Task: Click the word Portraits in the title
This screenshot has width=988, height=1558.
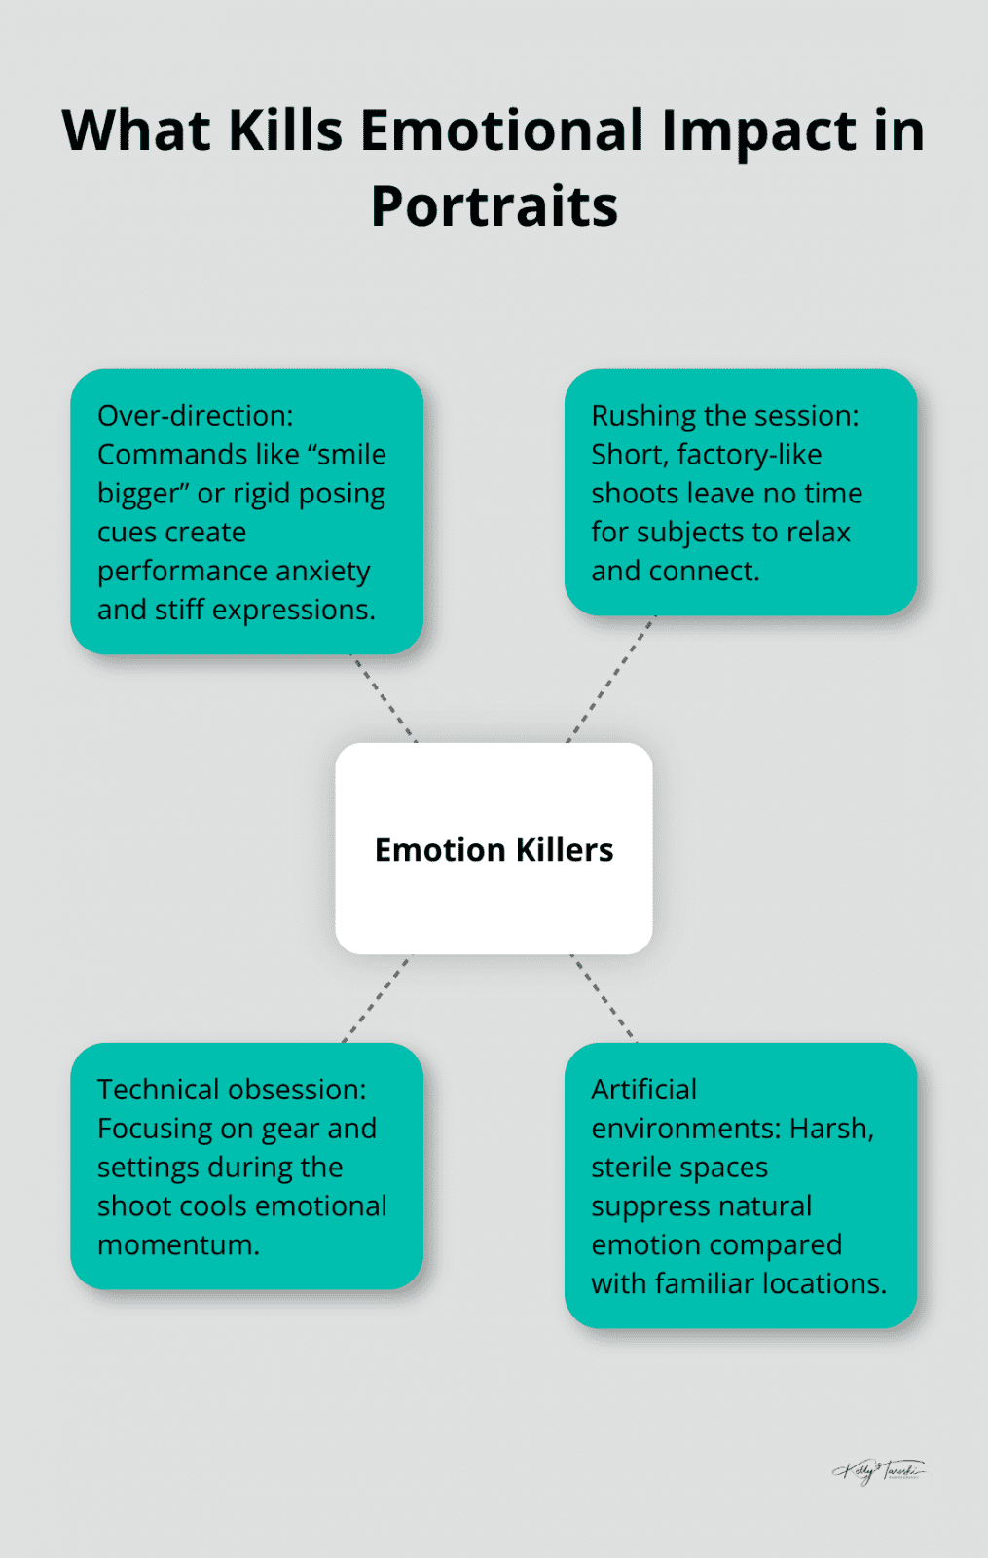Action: coord(494,206)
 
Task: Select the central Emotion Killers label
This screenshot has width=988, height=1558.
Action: coord(494,850)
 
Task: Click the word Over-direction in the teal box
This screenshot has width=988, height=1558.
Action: coord(195,416)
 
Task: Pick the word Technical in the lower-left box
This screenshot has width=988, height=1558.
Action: coord(159,1090)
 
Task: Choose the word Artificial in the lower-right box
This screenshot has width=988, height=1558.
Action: coord(643,1090)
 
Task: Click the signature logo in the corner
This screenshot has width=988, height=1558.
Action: coord(879,1470)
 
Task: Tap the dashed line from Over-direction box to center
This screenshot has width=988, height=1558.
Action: coord(384,698)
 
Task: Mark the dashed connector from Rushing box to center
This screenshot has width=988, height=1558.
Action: coord(611,679)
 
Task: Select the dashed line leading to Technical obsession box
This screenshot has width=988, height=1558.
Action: coord(377,998)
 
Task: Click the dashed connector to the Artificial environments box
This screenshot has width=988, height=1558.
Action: coord(604,998)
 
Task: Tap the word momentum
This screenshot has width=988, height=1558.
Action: coord(178,1245)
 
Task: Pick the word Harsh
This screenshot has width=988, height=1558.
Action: coord(831,1129)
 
